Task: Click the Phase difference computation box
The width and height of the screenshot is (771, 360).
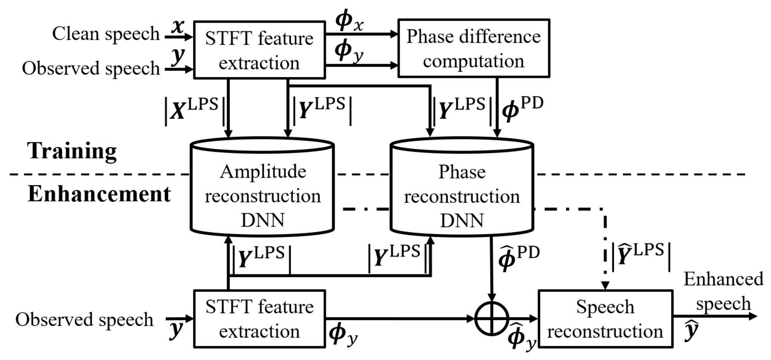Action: coord(474,49)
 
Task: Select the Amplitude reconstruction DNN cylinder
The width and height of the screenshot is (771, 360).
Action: coord(262,194)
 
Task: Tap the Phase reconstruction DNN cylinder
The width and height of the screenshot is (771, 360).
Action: coord(462,194)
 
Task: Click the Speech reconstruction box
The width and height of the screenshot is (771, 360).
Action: coord(605,319)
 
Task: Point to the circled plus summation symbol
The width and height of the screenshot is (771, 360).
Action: coord(491,319)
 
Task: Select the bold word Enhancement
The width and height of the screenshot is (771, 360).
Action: coord(99,194)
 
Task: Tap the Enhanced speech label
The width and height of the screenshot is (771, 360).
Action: coord(723,291)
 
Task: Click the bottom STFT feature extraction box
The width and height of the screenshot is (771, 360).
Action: coord(259,319)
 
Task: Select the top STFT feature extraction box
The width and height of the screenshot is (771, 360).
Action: coord(259,50)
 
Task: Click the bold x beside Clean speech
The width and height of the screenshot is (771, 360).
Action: coord(178,27)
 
